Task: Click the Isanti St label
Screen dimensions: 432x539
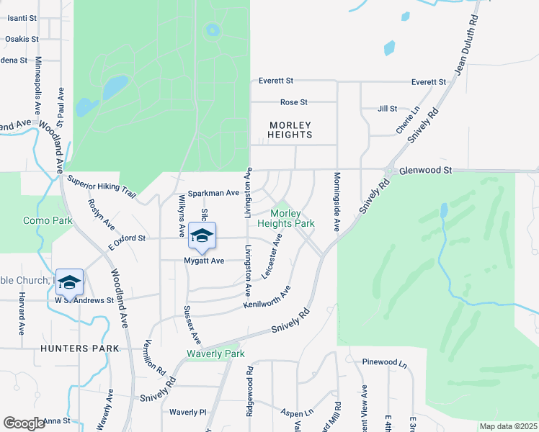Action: click(x=21, y=17)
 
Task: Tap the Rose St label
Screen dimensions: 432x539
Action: click(x=294, y=102)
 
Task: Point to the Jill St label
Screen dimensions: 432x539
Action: click(x=388, y=109)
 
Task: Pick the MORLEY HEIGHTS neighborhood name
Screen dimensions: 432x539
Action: click(x=290, y=130)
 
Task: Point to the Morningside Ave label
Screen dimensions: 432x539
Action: click(x=336, y=202)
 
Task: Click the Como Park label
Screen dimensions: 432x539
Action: click(x=48, y=220)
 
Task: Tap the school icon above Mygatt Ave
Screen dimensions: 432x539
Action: click(x=202, y=236)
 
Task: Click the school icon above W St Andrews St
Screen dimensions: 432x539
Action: click(x=70, y=282)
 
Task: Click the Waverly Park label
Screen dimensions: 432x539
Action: click(x=215, y=354)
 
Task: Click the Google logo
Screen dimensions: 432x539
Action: click(x=24, y=423)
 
